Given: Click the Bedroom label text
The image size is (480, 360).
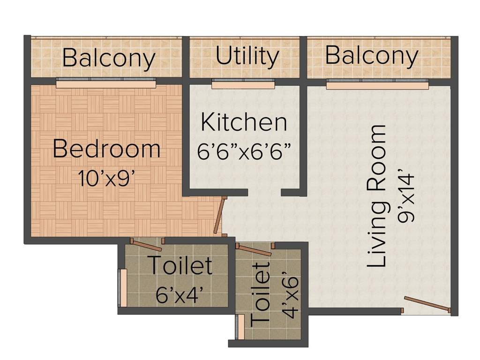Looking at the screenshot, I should [x=106, y=149].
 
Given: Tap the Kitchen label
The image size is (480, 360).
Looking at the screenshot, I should [x=244, y=122].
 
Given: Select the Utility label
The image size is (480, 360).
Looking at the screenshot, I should [x=247, y=56].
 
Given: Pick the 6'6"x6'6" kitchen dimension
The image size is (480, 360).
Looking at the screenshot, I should [x=244, y=153].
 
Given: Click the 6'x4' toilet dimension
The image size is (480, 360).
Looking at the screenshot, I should [x=180, y=295].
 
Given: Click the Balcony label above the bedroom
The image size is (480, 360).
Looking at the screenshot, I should [x=109, y=58].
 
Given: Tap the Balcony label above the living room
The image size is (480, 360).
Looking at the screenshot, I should [x=371, y=55].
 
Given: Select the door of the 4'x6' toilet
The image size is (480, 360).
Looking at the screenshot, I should [x=254, y=250].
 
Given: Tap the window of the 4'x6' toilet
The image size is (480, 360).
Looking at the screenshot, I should [x=240, y=326].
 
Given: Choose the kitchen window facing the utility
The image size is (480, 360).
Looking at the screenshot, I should [x=243, y=84].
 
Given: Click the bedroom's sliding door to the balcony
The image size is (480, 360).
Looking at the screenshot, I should [x=106, y=83].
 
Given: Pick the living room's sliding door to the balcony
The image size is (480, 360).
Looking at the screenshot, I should [x=377, y=84].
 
